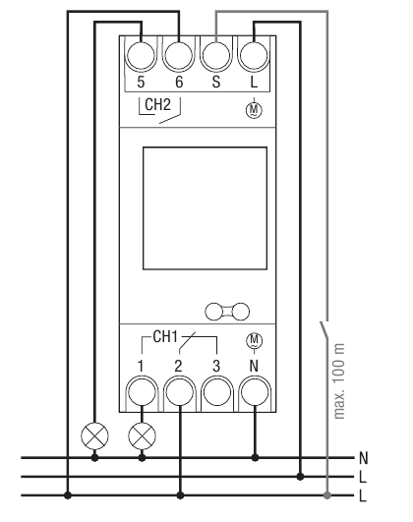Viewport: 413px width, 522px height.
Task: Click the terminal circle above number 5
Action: coord(143,53)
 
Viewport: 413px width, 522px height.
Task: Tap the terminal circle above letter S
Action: coord(217,53)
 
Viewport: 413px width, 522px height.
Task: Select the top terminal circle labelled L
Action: coord(255,53)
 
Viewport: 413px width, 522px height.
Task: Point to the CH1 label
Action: coord(164,337)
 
